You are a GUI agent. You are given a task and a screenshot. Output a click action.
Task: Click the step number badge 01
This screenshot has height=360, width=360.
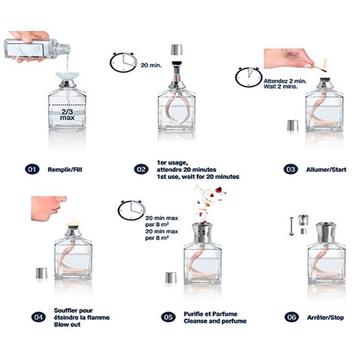32,169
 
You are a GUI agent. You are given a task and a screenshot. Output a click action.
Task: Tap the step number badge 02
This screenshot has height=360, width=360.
141,169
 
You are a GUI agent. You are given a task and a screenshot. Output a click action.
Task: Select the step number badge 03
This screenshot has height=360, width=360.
291,169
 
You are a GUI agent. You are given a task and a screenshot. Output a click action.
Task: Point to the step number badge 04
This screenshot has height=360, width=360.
39,317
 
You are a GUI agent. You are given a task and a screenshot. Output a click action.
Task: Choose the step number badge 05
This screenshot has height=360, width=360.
168,317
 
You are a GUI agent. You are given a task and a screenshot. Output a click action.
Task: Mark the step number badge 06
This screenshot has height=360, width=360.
292,317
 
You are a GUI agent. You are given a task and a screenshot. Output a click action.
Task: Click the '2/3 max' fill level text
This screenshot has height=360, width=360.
67,115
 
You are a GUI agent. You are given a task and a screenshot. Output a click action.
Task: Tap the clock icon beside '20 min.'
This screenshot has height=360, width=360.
123,62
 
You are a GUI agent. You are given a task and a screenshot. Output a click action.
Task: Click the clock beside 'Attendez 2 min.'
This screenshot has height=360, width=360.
248,77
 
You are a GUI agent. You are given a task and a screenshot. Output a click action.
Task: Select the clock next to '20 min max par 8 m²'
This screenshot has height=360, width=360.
132,210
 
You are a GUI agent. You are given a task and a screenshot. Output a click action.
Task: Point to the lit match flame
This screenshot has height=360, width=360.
325,63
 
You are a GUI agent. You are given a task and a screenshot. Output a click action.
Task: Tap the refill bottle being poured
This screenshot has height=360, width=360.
37,48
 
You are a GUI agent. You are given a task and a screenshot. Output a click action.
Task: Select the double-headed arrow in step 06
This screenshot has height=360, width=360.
292,226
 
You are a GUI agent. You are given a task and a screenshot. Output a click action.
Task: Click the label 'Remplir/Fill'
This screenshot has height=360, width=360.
65,170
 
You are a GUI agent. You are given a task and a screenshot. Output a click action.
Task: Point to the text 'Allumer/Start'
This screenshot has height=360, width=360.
326,170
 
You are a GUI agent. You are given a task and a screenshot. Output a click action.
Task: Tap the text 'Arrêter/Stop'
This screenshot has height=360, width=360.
326,317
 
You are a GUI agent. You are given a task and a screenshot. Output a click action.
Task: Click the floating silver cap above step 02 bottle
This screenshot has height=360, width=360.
177,50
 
